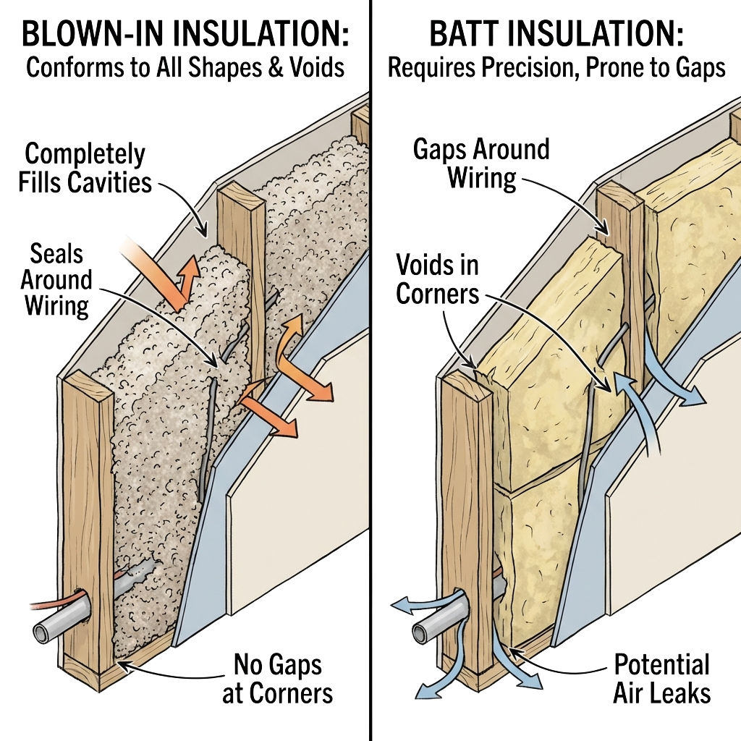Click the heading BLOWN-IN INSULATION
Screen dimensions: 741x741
pyautogui.click(x=185, y=33)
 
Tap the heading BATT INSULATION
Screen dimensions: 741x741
pyautogui.click(x=556, y=33)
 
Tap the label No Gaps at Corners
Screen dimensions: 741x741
pyautogui.click(x=278, y=678)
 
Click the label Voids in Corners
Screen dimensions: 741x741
pyautogui.click(x=438, y=280)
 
